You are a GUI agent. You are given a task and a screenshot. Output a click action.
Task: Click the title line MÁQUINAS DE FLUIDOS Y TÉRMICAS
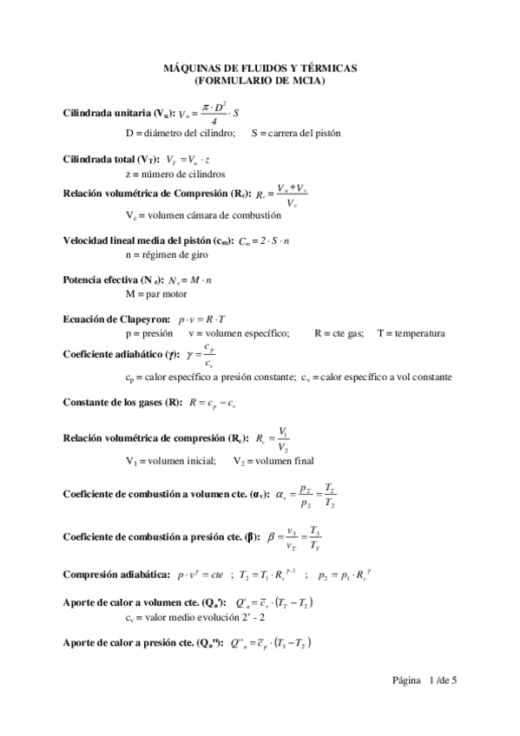(260, 68)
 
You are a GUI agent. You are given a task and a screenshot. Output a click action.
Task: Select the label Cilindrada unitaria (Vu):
(119, 114)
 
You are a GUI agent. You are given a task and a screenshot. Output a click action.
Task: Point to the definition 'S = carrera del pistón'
(296, 134)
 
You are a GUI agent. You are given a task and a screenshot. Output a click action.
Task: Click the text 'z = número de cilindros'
(174, 174)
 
